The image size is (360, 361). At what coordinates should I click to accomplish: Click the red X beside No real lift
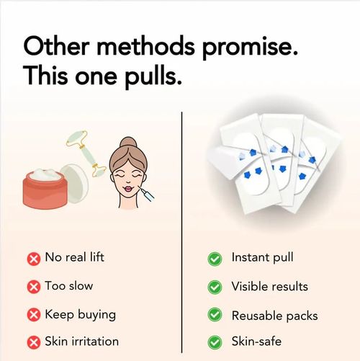tap(33, 258)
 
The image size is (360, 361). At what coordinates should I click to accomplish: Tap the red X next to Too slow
tap(33, 287)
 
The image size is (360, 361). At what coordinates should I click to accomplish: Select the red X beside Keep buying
tap(33, 315)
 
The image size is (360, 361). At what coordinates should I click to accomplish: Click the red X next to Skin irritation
tap(33, 342)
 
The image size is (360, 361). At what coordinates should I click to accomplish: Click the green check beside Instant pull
tap(214, 258)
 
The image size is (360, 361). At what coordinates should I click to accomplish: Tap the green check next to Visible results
tap(214, 287)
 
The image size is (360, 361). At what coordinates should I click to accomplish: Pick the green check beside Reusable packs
tap(214, 315)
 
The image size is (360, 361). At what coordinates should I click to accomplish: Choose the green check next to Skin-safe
tap(214, 342)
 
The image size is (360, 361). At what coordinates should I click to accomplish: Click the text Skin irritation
tap(81, 342)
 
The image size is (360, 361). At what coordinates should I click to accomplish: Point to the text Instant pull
tap(262, 258)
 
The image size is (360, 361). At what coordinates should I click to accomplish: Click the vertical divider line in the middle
tap(181, 231)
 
